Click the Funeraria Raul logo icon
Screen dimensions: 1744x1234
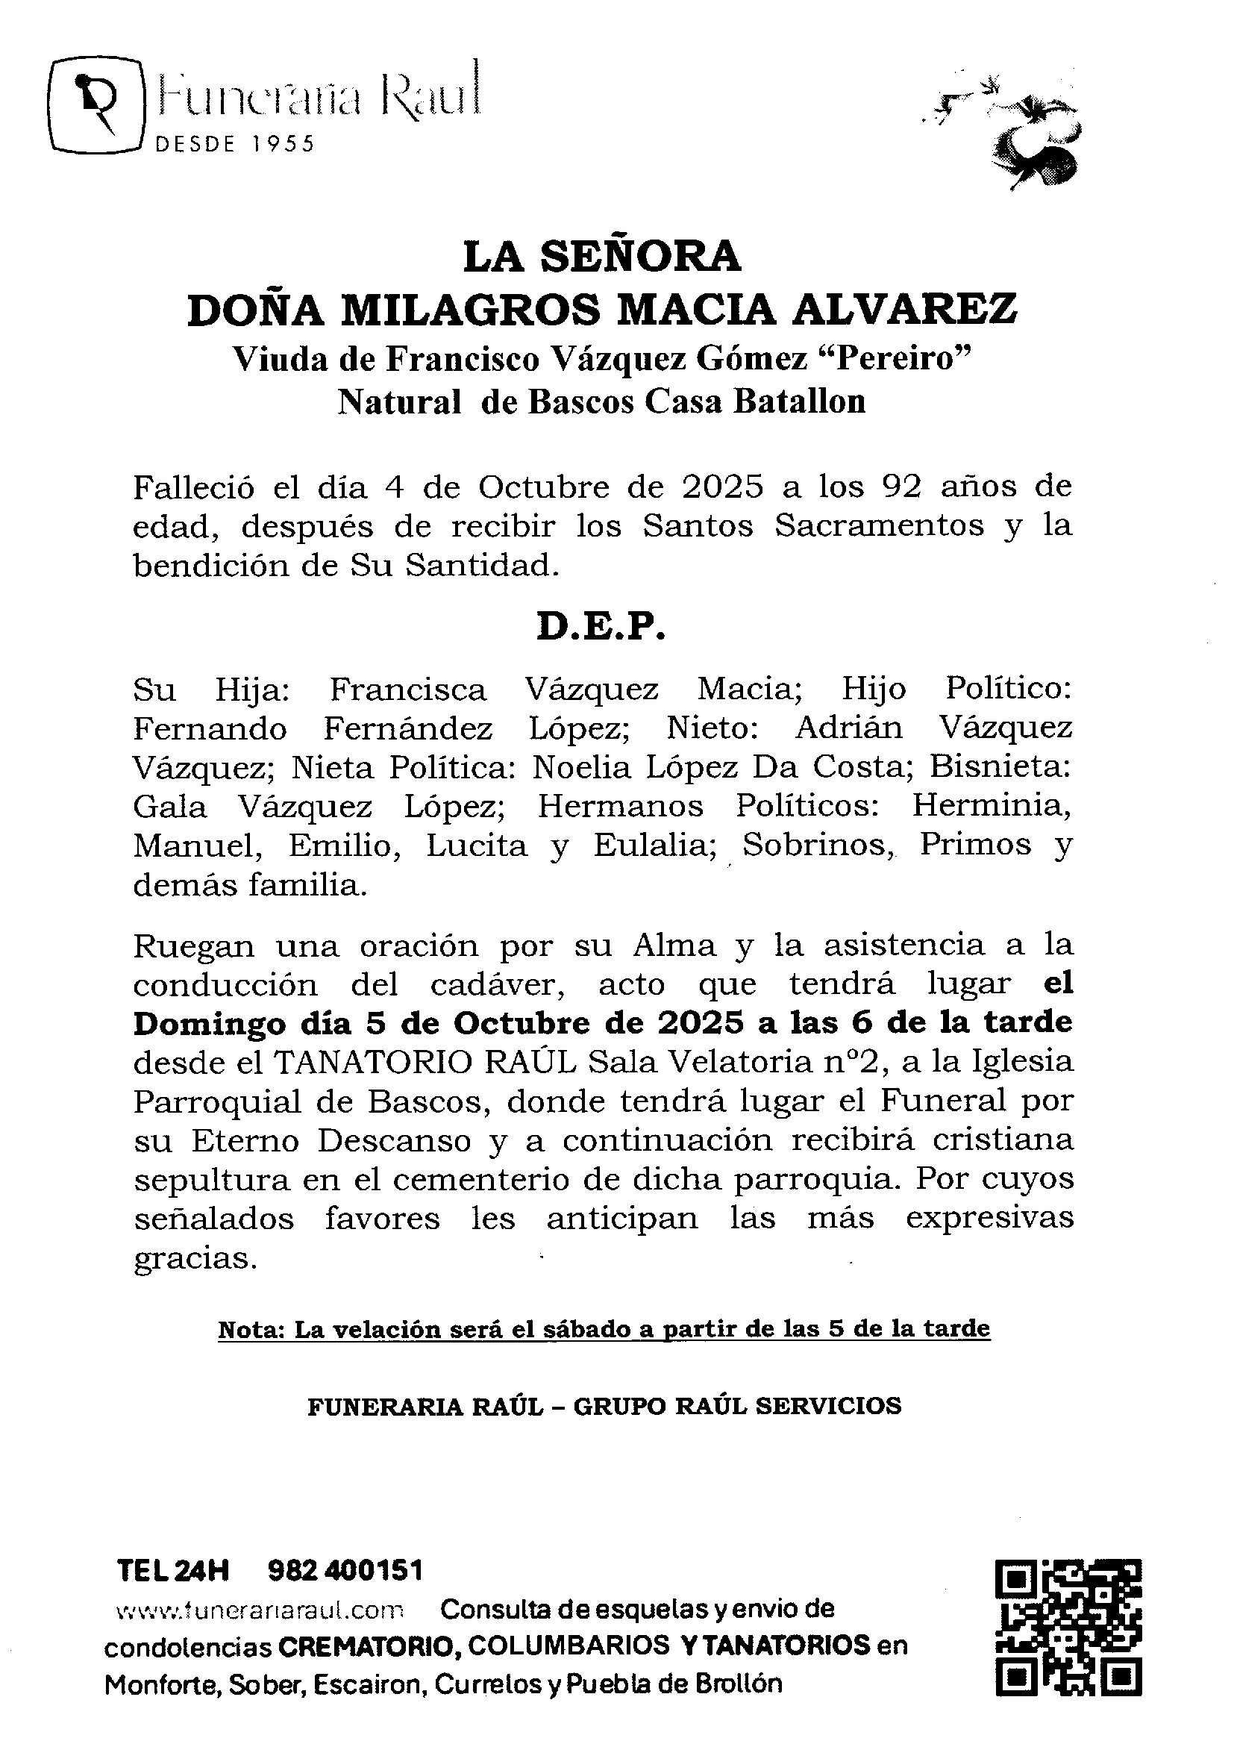(97, 104)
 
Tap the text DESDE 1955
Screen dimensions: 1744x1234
(234, 144)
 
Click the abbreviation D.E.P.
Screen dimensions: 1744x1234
(601, 627)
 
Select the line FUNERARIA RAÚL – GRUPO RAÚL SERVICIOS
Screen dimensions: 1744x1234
(604, 1406)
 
